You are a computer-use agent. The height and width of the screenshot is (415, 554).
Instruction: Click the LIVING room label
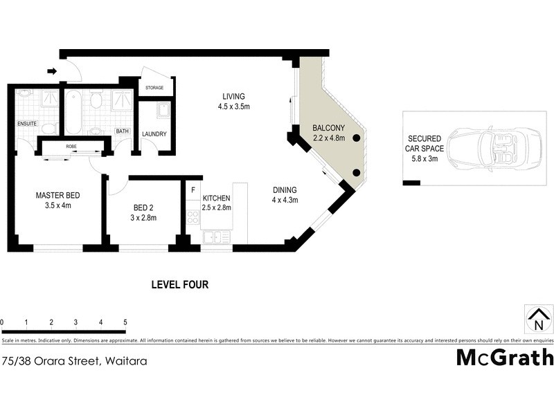233,96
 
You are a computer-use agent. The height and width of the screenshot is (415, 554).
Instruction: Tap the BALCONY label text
328,128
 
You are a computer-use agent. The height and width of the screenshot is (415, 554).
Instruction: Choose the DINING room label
284,190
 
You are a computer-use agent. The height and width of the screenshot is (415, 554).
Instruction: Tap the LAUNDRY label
154,133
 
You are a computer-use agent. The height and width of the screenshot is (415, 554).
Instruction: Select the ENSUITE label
27,124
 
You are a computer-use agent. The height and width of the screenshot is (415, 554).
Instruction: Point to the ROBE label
71,147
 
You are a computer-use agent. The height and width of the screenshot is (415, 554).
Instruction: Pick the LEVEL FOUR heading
180,284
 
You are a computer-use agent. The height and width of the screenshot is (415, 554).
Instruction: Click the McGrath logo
504,357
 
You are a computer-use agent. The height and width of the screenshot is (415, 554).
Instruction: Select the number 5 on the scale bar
125,322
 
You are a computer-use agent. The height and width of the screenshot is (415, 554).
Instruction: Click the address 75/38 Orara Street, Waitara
74,360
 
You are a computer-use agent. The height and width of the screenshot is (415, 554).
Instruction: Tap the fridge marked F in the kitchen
193,189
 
